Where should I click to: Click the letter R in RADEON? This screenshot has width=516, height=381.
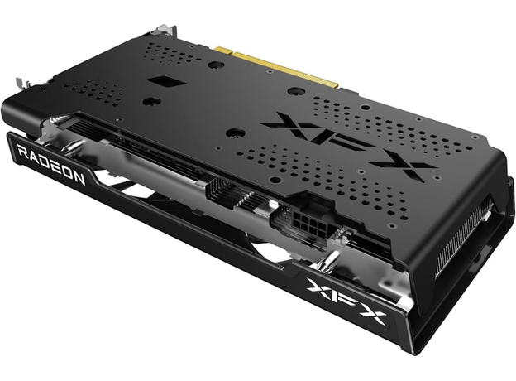click(x=23, y=152)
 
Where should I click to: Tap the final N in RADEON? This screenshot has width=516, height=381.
click(x=79, y=177)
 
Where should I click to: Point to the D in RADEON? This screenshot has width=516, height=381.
click(x=45, y=162)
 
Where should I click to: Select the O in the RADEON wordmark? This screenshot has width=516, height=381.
click(x=67, y=171)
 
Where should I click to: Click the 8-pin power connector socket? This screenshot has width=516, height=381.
click(x=308, y=223)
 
